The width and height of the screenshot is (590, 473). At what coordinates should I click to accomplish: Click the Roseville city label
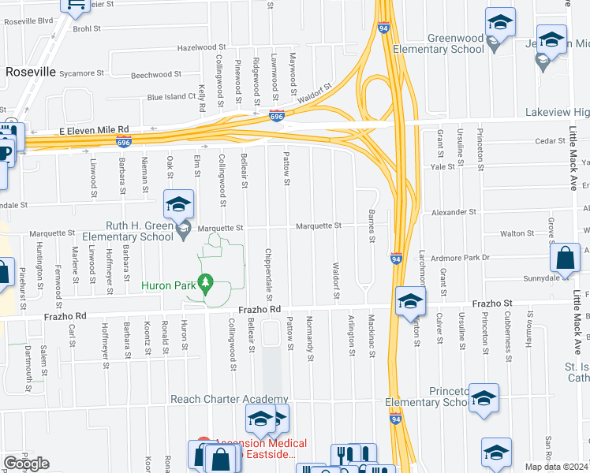31,72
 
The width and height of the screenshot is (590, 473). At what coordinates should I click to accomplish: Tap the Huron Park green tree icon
206,285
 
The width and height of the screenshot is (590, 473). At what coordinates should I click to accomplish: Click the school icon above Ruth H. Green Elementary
178,206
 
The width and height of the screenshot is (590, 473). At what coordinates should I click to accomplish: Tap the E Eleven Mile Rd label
94,129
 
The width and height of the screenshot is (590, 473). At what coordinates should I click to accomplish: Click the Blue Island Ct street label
171,97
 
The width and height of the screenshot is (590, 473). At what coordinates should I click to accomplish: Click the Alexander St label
454,212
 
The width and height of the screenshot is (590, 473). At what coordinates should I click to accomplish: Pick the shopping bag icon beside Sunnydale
566,258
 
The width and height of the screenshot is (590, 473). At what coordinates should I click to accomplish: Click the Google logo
26,464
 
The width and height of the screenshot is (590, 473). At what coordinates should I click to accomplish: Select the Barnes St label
371,221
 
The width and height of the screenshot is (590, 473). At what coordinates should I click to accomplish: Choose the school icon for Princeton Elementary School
484,399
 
